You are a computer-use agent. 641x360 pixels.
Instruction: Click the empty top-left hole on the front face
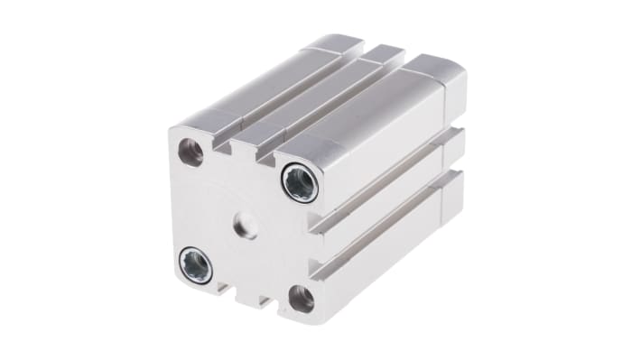coord(190,152)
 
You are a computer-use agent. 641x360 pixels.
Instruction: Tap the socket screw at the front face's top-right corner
coord(299,183)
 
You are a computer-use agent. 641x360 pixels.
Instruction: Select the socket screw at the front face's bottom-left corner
coord(196,265)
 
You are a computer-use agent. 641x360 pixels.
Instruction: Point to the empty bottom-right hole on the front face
coord(301,299)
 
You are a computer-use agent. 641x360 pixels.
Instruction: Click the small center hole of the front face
coord(245,226)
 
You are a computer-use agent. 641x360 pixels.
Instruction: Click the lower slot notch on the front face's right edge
coord(315,268)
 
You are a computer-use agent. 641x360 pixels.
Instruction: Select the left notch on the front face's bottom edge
coord(222,287)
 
